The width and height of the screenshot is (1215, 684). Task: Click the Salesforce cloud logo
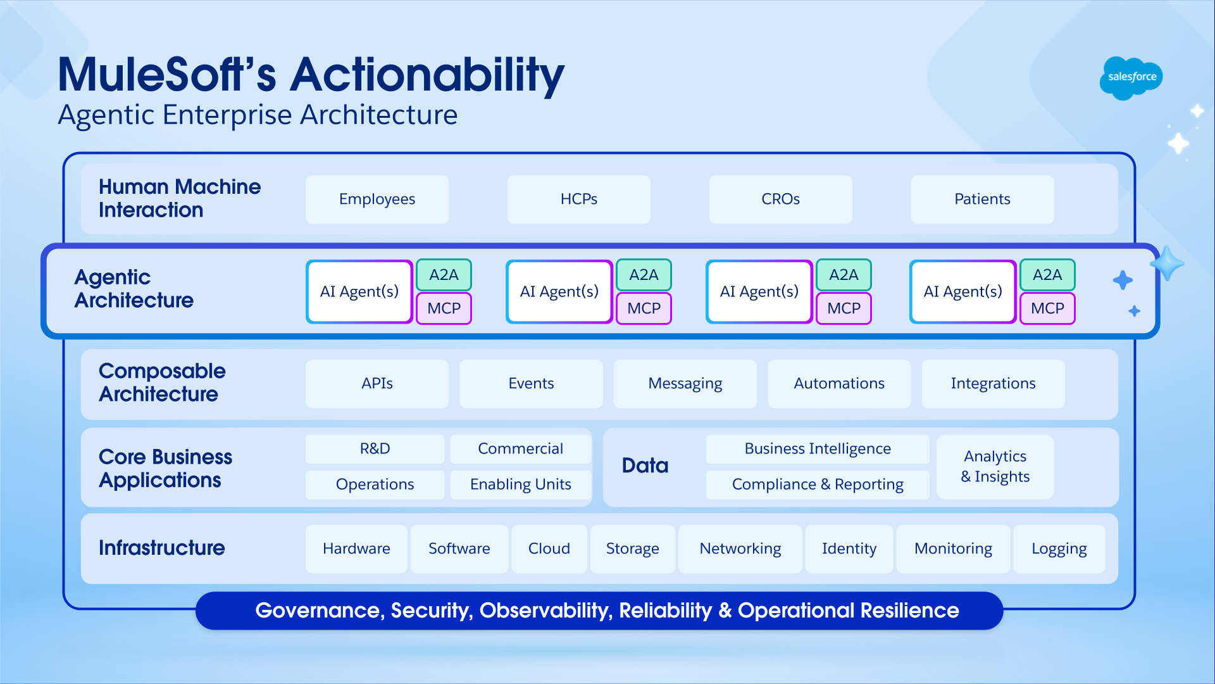(1131, 77)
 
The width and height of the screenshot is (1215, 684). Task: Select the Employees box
(377, 199)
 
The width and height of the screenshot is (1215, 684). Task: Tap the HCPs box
(578, 199)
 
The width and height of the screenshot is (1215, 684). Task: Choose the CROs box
(780, 199)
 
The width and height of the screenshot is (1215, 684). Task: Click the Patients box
(982, 199)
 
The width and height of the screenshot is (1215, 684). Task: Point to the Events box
(531, 384)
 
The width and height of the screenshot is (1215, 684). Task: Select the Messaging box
(685, 384)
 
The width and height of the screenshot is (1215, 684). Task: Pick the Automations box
(838, 384)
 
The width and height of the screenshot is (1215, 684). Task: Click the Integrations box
(993, 384)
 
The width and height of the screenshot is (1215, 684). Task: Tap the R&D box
(375, 449)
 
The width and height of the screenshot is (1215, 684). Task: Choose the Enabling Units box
(520, 484)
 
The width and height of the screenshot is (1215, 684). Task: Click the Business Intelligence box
(817, 449)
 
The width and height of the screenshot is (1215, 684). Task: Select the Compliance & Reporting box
(817, 484)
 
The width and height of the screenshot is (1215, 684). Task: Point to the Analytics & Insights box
(995, 467)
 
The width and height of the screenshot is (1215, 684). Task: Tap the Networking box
(740, 549)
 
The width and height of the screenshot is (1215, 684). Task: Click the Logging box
(1059, 549)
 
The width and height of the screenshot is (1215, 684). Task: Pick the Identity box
(849, 549)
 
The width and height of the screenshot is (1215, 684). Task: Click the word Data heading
(645, 466)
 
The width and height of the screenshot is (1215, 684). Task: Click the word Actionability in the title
(427, 75)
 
